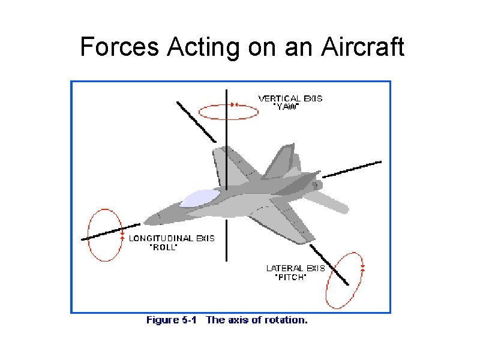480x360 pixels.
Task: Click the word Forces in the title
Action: [x=114, y=47]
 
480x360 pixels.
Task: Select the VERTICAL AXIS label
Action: [x=290, y=98]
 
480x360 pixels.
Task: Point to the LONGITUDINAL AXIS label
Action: [x=172, y=238]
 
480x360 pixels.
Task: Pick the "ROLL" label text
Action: [x=163, y=247]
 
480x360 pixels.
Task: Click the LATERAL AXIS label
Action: [x=295, y=268]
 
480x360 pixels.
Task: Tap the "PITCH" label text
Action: [x=290, y=277]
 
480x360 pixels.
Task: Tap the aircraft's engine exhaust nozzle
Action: [x=317, y=186]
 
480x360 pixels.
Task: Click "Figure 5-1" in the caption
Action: [x=172, y=320]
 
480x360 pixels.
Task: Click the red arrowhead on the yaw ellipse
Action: [x=236, y=104]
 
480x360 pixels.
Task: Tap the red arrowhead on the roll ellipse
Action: [x=122, y=230]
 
